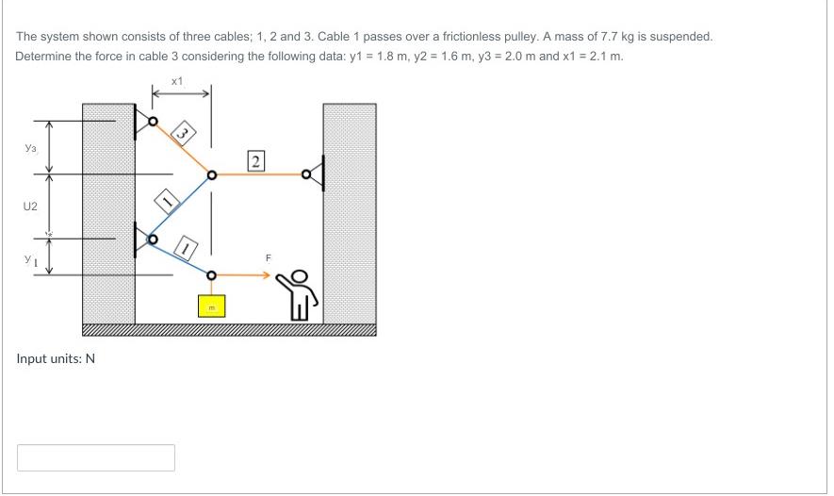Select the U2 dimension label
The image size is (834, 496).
(31, 205)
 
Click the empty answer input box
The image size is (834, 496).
(96, 457)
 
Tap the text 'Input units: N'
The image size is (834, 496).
(56, 358)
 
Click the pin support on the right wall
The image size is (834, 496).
(314, 174)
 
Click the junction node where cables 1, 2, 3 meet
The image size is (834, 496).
(211, 174)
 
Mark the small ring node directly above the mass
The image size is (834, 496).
(211, 275)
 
